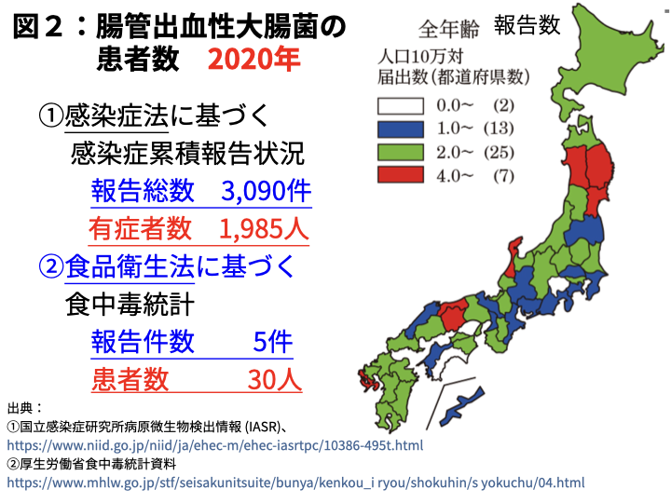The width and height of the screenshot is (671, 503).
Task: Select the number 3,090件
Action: (266, 191)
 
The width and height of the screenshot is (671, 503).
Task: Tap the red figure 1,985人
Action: (265, 228)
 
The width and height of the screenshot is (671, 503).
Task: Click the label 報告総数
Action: (143, 191)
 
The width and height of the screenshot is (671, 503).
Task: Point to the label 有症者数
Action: (141, 228)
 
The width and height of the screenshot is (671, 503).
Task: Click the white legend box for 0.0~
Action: (400, 104)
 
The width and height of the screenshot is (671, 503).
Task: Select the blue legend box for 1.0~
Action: (400, 128)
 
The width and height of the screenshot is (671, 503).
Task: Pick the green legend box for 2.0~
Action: (400, 151)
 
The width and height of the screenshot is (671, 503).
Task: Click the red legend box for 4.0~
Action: (400, 174)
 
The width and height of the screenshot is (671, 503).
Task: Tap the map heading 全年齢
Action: (446, 26)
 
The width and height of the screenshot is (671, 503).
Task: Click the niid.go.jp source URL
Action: (214, 445)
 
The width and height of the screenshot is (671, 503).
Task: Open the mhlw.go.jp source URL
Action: (295, 483)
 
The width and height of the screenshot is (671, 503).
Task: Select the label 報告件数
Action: (143, 342)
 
